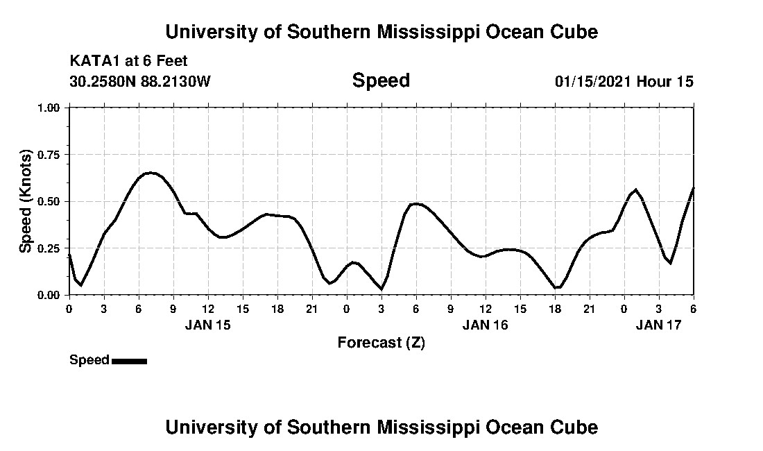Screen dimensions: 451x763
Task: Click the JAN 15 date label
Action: tap(208, 325)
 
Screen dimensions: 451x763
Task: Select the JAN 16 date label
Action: tap(486, 325)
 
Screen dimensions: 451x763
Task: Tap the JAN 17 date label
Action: tap(659, 325)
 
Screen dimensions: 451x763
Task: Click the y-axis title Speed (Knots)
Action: tap(26, 201)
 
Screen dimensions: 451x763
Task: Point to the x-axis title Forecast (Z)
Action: tap(381, 343)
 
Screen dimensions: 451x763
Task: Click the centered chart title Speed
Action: tap(381, 80)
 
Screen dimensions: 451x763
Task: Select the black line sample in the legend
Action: tap(129, 361)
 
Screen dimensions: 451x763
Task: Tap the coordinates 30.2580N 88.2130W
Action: tap(139, 81)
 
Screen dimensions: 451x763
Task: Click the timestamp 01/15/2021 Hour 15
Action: tap(624, 81)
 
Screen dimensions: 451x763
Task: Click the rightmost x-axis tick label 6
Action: tap(693, 309)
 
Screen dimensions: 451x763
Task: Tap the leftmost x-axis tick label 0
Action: tap(69, 309)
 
